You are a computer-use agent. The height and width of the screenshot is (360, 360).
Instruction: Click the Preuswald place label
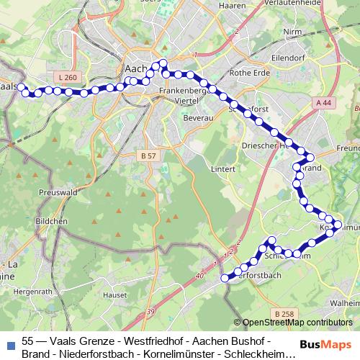(58, 193)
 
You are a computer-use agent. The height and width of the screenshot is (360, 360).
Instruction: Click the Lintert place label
(224, 168)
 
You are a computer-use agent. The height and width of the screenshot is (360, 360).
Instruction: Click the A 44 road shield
(325, 103)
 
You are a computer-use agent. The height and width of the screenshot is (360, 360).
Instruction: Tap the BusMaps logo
(328, 345)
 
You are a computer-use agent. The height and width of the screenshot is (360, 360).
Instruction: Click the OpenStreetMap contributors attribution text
(297, 322)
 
